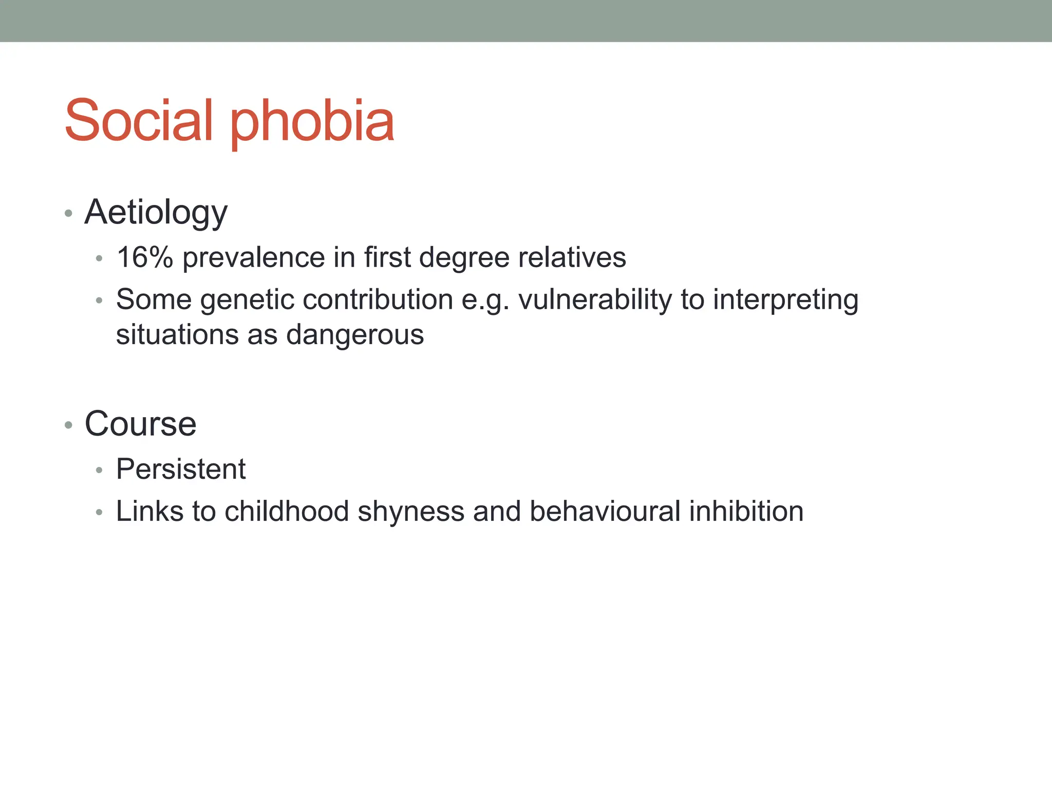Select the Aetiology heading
click(156, 213)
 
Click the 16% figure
click(144, 257)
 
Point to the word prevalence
click(253, 257)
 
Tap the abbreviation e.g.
click(485, 300)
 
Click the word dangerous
click(355, 335)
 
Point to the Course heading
click(140, 424)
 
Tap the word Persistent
click(181, 469)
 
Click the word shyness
click(410, 513)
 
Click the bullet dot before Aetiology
click(68, 213)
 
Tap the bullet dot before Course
click(68, 425)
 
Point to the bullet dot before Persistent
click(99, 470)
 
